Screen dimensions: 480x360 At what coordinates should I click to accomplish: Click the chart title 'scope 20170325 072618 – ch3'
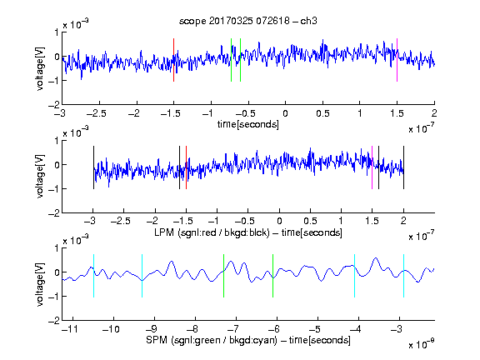click(x=248, y=21)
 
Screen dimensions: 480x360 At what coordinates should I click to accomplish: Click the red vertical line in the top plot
click(x=173, y=60)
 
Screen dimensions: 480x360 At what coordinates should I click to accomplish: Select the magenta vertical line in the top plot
click(x=397, y=60)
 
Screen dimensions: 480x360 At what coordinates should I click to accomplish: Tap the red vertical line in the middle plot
click(x=186, y=167)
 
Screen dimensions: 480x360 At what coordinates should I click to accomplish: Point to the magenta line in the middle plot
click(x=372, y=167)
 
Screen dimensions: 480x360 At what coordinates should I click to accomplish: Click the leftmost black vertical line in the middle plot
click(x=93, y=167)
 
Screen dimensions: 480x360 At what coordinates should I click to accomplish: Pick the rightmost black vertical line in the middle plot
click(x=403, y=167)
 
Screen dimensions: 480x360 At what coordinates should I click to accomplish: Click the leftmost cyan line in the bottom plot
click(x=93, y=276)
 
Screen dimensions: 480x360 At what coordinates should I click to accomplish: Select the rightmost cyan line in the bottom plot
click(x=403, y=276)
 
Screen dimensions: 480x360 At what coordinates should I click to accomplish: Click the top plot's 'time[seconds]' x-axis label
click(x=248, y=125)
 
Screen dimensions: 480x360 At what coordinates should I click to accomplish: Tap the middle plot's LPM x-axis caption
click(x=248, y=232)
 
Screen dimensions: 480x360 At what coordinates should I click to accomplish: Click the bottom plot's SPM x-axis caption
click(x=248, y=340)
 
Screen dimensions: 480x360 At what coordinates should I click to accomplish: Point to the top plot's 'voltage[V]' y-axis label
click(x=40, y=69)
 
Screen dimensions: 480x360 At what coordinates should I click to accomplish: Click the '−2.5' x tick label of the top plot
click(x=97, y=113)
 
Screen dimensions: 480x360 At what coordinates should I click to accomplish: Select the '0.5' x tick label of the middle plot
click(x=310, y=221)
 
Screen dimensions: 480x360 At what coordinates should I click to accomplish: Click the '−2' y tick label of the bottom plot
click(x=54, y=321)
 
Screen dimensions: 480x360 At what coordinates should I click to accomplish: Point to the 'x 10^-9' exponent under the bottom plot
click(x=421, y=344)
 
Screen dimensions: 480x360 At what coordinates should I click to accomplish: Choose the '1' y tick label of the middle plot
click(x=57, y=141)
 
